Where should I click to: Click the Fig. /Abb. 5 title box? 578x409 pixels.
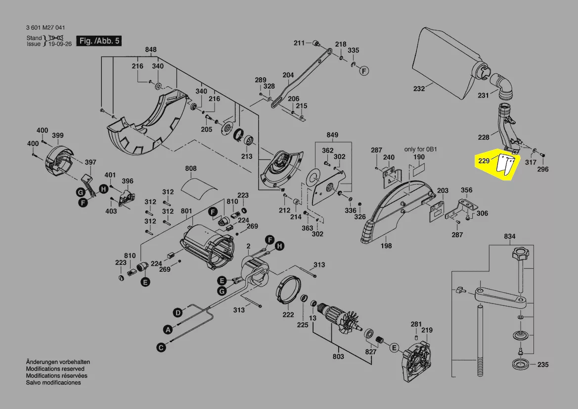click(x=99, y=41)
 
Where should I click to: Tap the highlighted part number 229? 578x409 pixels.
click(x=484, y=161)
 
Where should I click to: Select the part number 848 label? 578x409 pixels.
click(x=151, y=50)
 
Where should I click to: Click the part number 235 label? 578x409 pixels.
click(x=542, y=365)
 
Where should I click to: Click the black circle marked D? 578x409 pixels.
click(x=177, y=312)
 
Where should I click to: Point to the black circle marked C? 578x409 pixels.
click(x=161, y=348)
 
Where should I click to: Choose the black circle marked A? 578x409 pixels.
click(x=168, y=329)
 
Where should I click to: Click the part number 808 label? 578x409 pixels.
click(x=191, y=169)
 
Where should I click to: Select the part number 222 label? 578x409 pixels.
click(x=288, y=314)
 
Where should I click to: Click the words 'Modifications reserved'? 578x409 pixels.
click(x=55, y=369)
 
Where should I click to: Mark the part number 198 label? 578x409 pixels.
click(x=387, y=246)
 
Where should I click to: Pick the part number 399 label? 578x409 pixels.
click(x=58, y=136)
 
